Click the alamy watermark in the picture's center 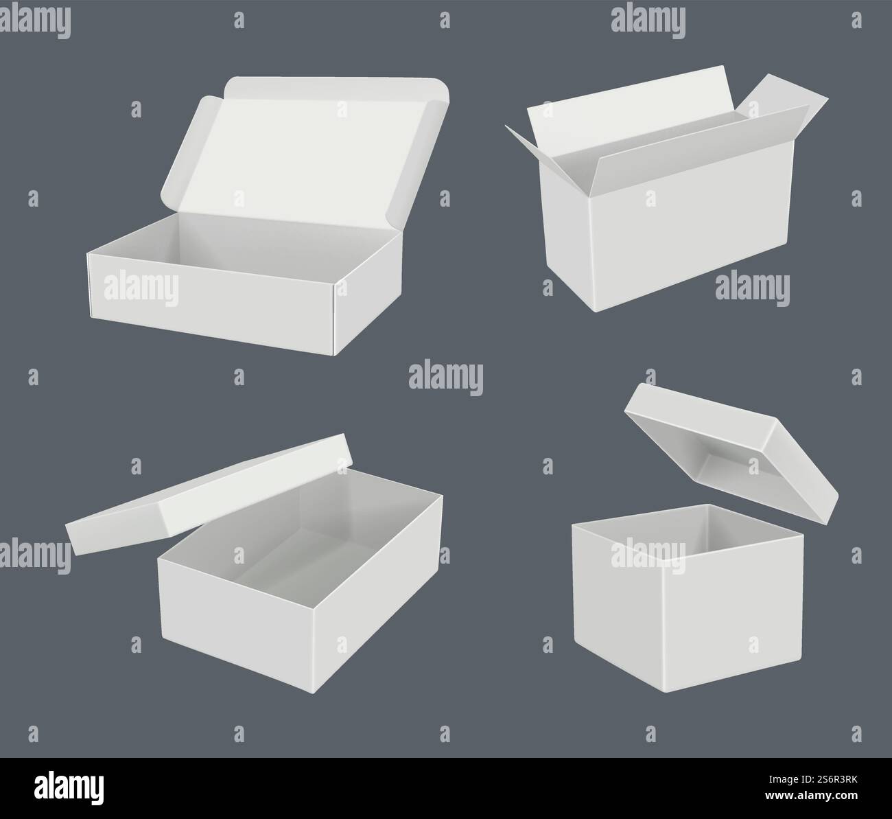[446, 378]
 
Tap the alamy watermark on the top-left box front [141, 289]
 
